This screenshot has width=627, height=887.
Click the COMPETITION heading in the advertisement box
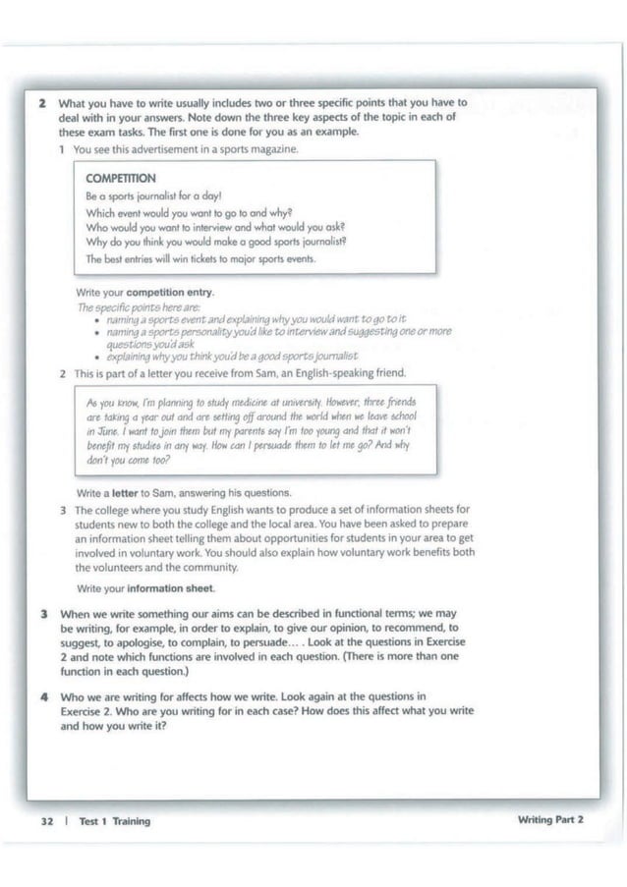tap(121, 179)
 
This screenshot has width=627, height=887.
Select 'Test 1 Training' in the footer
tap(115, 821)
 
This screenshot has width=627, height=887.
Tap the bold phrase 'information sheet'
tap(169, 587)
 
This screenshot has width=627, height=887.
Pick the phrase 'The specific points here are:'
tap(129, 307)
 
